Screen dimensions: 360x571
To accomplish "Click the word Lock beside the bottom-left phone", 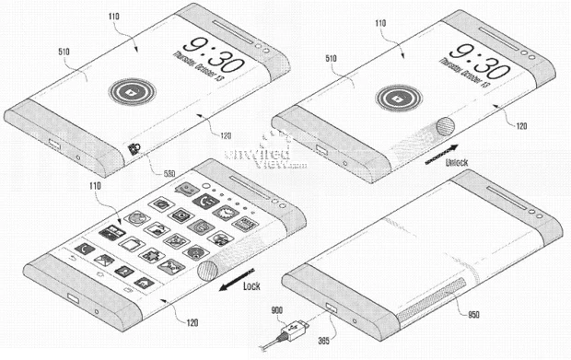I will pos(251,286).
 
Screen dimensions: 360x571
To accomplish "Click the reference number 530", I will pos(145,172).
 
